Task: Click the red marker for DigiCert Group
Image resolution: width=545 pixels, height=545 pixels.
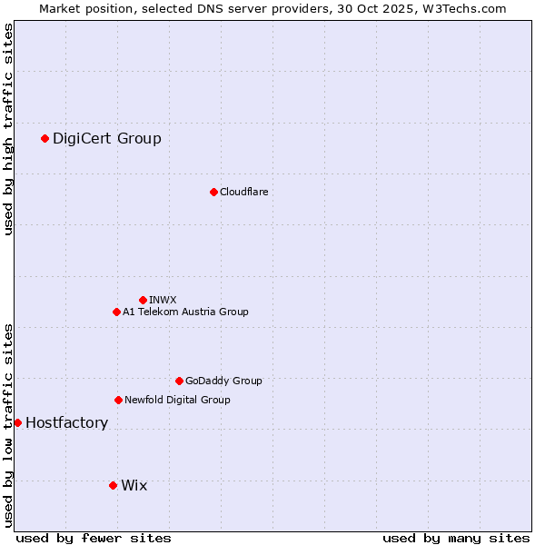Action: click(x=45, y=138)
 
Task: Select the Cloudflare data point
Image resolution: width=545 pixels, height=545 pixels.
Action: click(x=213, y=192)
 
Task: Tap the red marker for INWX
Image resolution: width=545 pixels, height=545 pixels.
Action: click(x=143, y=300)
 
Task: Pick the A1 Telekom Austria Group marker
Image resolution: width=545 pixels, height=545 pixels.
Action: click(x=116, y=312)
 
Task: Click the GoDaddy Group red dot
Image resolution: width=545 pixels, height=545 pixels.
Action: click(x=179, y=381)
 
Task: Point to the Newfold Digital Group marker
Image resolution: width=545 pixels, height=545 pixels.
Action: click(x=118, y=400)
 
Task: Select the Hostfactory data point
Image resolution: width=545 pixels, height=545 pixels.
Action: click(x=17, y=422)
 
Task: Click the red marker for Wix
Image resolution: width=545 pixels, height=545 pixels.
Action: click(x=113, y=485)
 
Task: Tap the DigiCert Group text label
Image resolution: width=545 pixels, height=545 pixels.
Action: click(x=106, y=138)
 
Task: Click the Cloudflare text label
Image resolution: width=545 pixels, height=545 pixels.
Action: click(x=243, y=192)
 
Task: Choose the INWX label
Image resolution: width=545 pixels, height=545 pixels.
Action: click(x=163, y=300)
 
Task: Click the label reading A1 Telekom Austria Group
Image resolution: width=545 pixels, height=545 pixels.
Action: click(x=185, y=312)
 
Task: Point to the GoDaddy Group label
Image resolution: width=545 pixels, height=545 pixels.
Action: click(x=223, y=381)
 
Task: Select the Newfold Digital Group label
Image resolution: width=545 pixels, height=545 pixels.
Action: click(x=177, y=400)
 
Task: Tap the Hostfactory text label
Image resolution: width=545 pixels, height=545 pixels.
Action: click(x=66, y=422)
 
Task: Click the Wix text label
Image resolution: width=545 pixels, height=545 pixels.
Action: click(x=134, y=485)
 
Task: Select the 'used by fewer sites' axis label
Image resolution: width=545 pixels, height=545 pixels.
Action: click(x=94, y=538)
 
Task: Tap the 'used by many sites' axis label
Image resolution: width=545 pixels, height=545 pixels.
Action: click(x=456, y=538)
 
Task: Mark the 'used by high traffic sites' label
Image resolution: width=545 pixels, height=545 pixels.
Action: click(x=9, y=129)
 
